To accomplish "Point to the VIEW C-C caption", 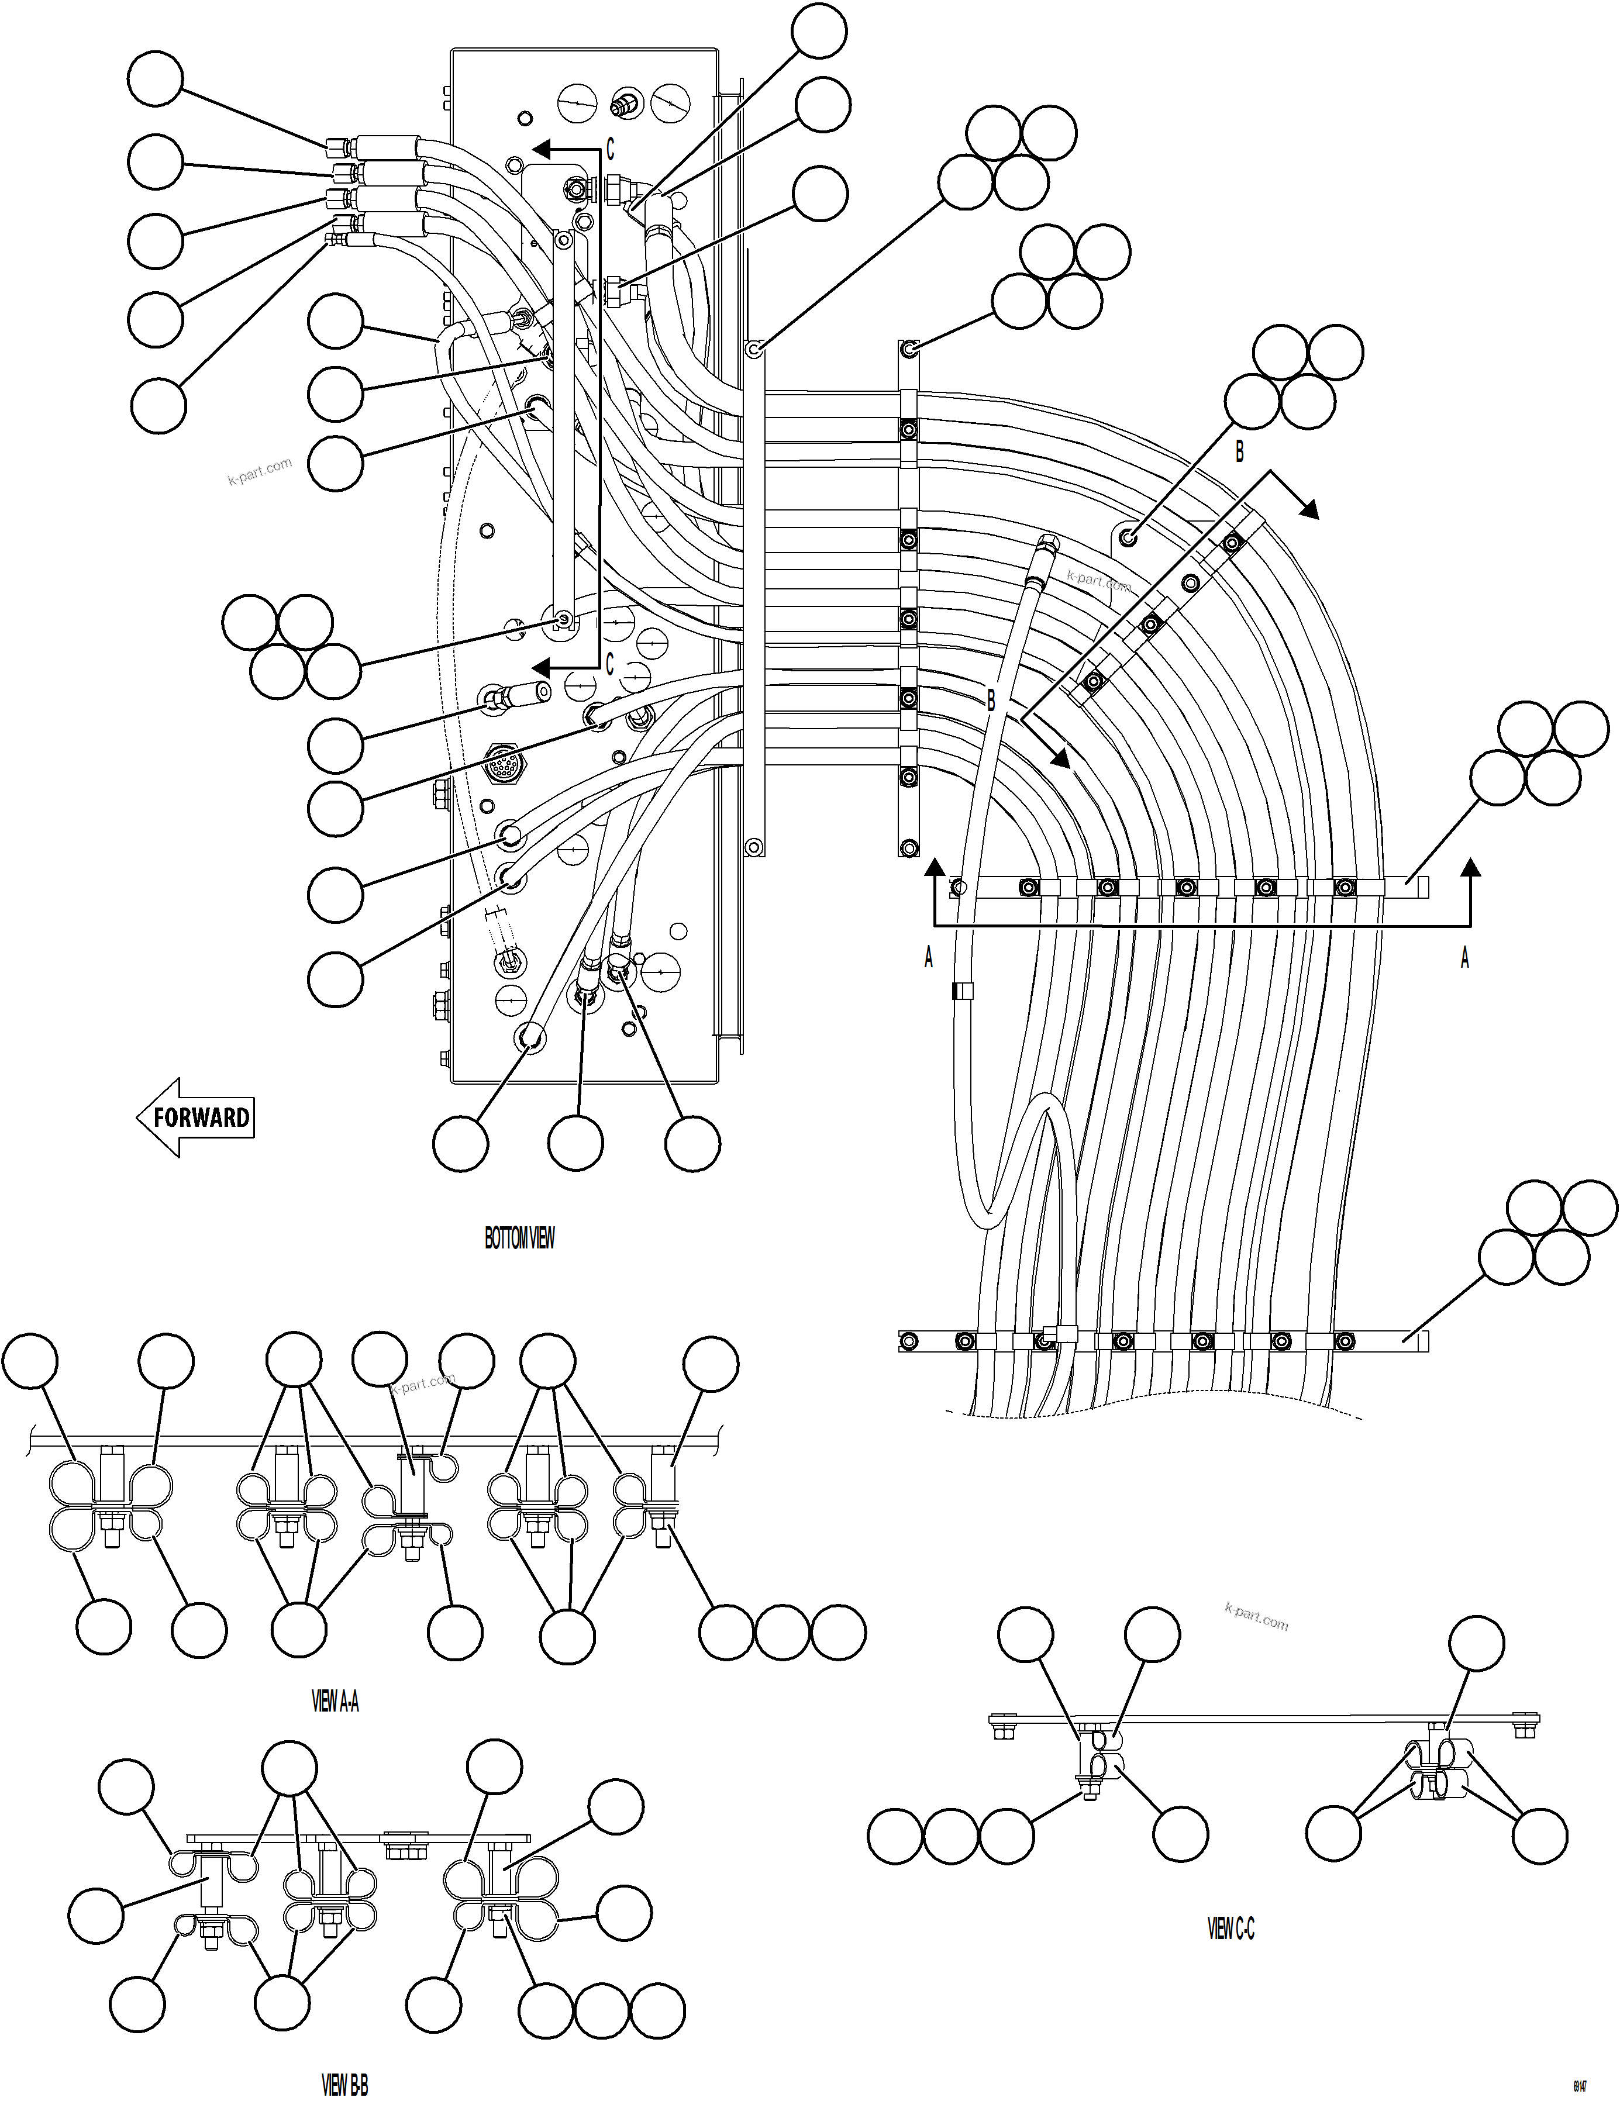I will (1230, 1929).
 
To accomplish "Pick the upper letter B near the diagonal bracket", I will (1239, 451).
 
